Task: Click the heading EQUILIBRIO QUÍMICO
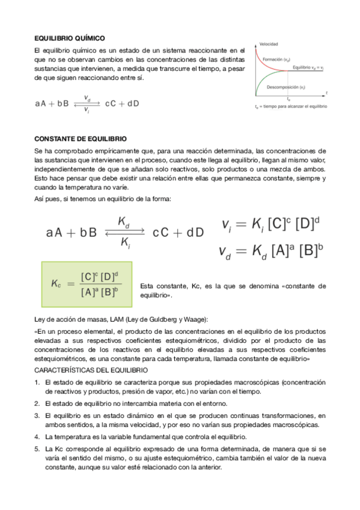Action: click(x=70, y=37)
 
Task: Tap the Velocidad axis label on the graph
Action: click(x=269, y=44)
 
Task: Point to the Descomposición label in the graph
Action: click(x=286, y=87)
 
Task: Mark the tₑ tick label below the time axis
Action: click(x=288, y=99)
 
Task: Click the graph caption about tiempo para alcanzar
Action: click(x=291, y=106)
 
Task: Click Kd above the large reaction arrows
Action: click(x=123, y=223)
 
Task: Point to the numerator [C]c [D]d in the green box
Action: click(x=99, y=277)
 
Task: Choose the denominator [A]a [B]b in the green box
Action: click(x=99, y=292)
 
